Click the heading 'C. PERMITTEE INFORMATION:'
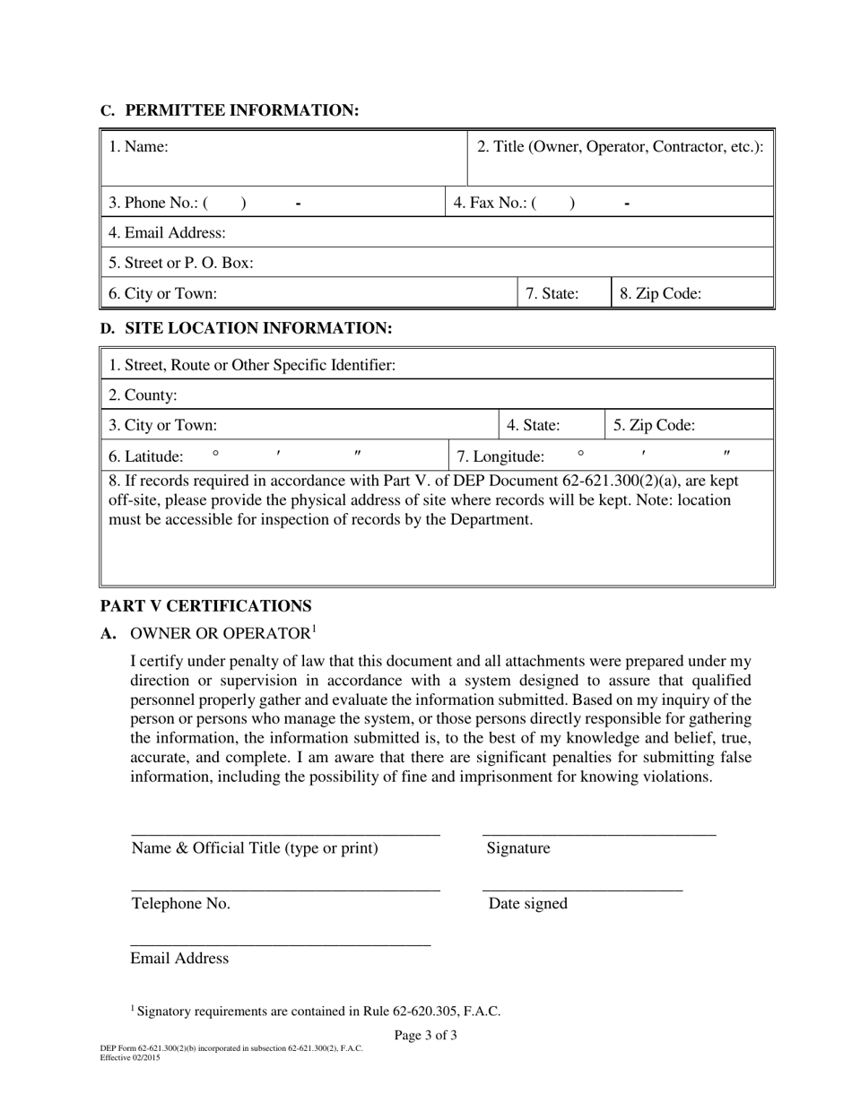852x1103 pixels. [230, 110]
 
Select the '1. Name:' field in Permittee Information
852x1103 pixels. [283, 157]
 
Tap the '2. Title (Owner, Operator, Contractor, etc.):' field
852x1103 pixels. [620, 157]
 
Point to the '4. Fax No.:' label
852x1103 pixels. [488, 204]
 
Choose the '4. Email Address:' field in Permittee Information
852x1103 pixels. [436, 233]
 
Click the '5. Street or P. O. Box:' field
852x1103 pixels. [436, 263]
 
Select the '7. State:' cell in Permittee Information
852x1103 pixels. [563, 293]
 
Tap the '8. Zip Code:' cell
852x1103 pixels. [691, 293]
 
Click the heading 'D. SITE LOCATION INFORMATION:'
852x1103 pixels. [246, 329]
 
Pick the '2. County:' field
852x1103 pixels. [436, 395]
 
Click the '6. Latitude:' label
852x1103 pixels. [146, 456]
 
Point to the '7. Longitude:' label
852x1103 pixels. [500, 456]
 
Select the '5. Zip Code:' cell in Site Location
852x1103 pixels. [689, 425]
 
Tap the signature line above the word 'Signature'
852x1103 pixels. [599, 835]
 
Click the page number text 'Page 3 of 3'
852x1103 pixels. [425, 1036]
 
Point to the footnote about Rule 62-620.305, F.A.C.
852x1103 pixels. [316, 1012]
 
